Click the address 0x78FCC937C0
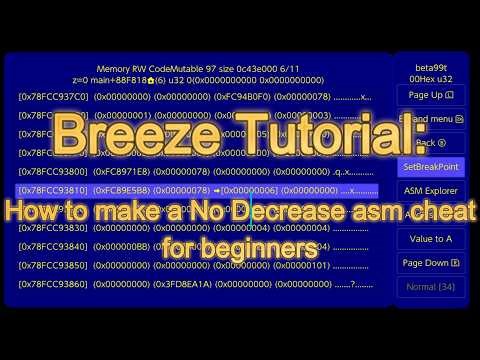coord(53,97)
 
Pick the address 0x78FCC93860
coord(53,284)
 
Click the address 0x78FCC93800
coord(53,171)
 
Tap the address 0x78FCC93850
coord(53,265)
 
